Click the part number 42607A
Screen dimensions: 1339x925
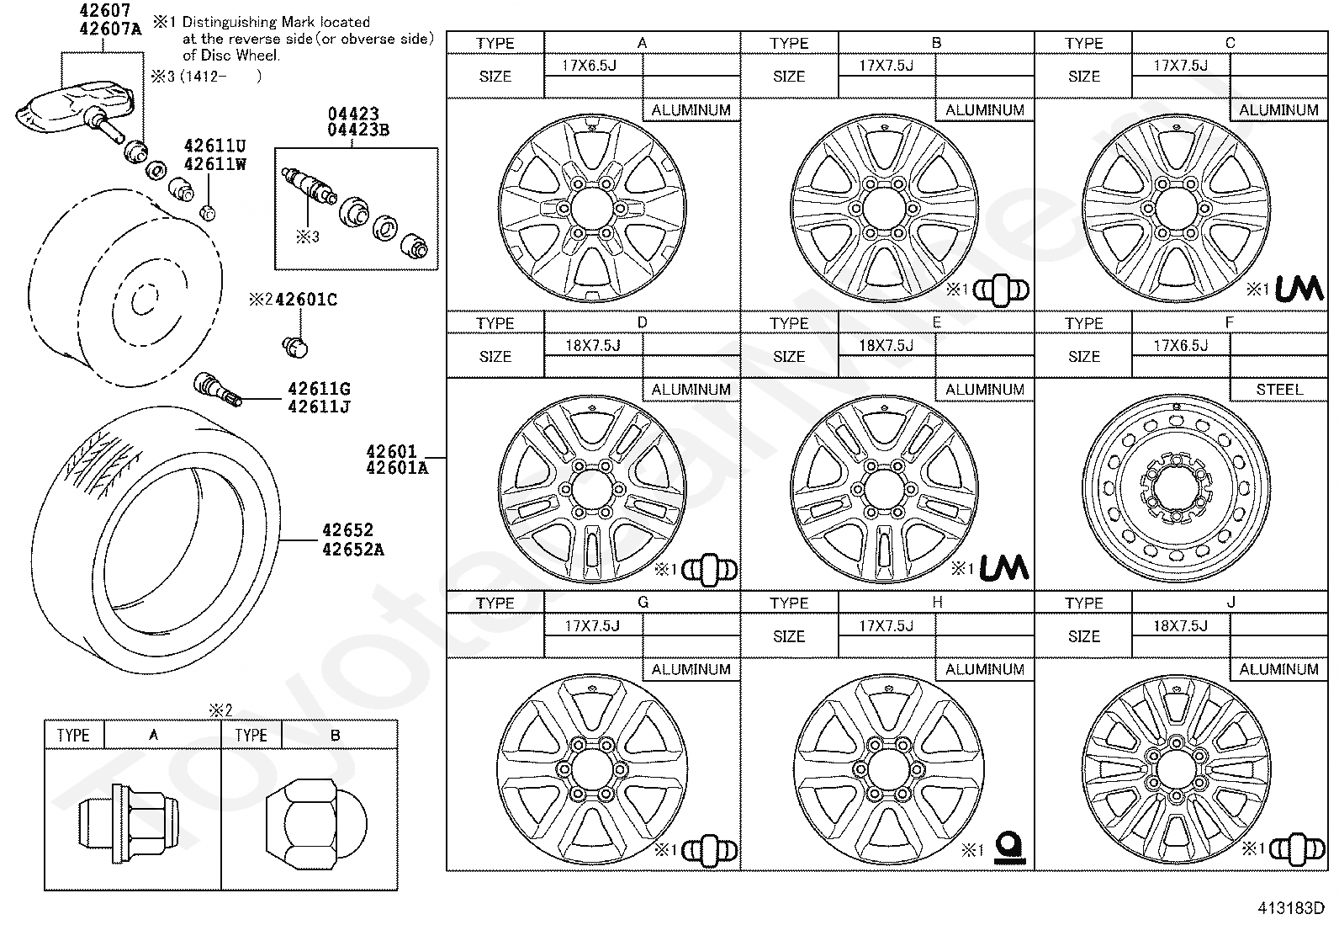[x=111, y=29]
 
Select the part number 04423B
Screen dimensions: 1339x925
[x=358, y=130]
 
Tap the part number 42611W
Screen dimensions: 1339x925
[x=215, y=164]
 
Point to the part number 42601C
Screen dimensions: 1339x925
[x=307, y=299]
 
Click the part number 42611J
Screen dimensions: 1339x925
[x=320, y=407]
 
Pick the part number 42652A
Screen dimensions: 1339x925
[x=353, y=550]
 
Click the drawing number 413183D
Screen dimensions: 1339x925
[x=1291, y=908]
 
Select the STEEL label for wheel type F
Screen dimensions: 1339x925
[x=1279, y=390]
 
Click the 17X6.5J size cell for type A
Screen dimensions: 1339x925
[x=589, y=65]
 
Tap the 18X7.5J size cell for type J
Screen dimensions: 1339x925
[x=1180, y=626]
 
